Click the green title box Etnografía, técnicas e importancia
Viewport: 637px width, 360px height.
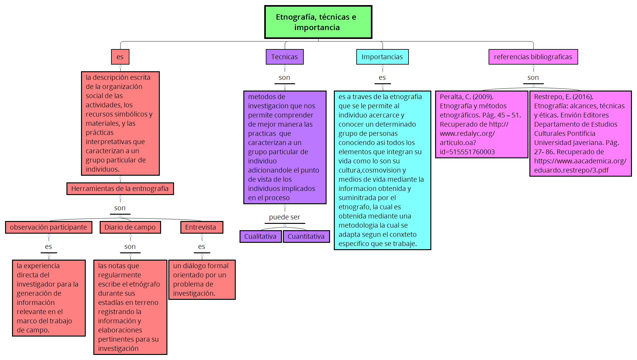(x=318, y=22)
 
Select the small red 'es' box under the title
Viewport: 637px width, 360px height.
(x=120, y=57)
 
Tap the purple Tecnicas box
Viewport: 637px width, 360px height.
(x=284, y=57)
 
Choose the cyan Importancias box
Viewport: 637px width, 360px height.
(x=382, y=57)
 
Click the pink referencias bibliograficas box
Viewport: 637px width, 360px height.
(x=533, y=57)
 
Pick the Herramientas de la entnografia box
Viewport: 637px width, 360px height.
(x=120, y=189)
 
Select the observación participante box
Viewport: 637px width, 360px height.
(x=48, y=227)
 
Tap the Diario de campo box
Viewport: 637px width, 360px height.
(x=130, y=227)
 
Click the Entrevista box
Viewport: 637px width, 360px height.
(x=201, y=227)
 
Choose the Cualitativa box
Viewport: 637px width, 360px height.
(x=260, y=237)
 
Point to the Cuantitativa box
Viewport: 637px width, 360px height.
(x=306, y=237)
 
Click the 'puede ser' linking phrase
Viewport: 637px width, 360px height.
(x=284, y=217)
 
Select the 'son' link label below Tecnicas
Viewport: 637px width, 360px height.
(x=284, y=78)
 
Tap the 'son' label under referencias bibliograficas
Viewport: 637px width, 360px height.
(x=533, y=78)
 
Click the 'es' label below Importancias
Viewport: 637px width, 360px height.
(x=382, y=78)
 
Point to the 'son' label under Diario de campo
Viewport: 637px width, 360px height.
(x=130, y=247)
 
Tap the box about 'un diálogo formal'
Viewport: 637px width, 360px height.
(x=202, y=280)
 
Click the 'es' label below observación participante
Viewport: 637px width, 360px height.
(x=48, y=247)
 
